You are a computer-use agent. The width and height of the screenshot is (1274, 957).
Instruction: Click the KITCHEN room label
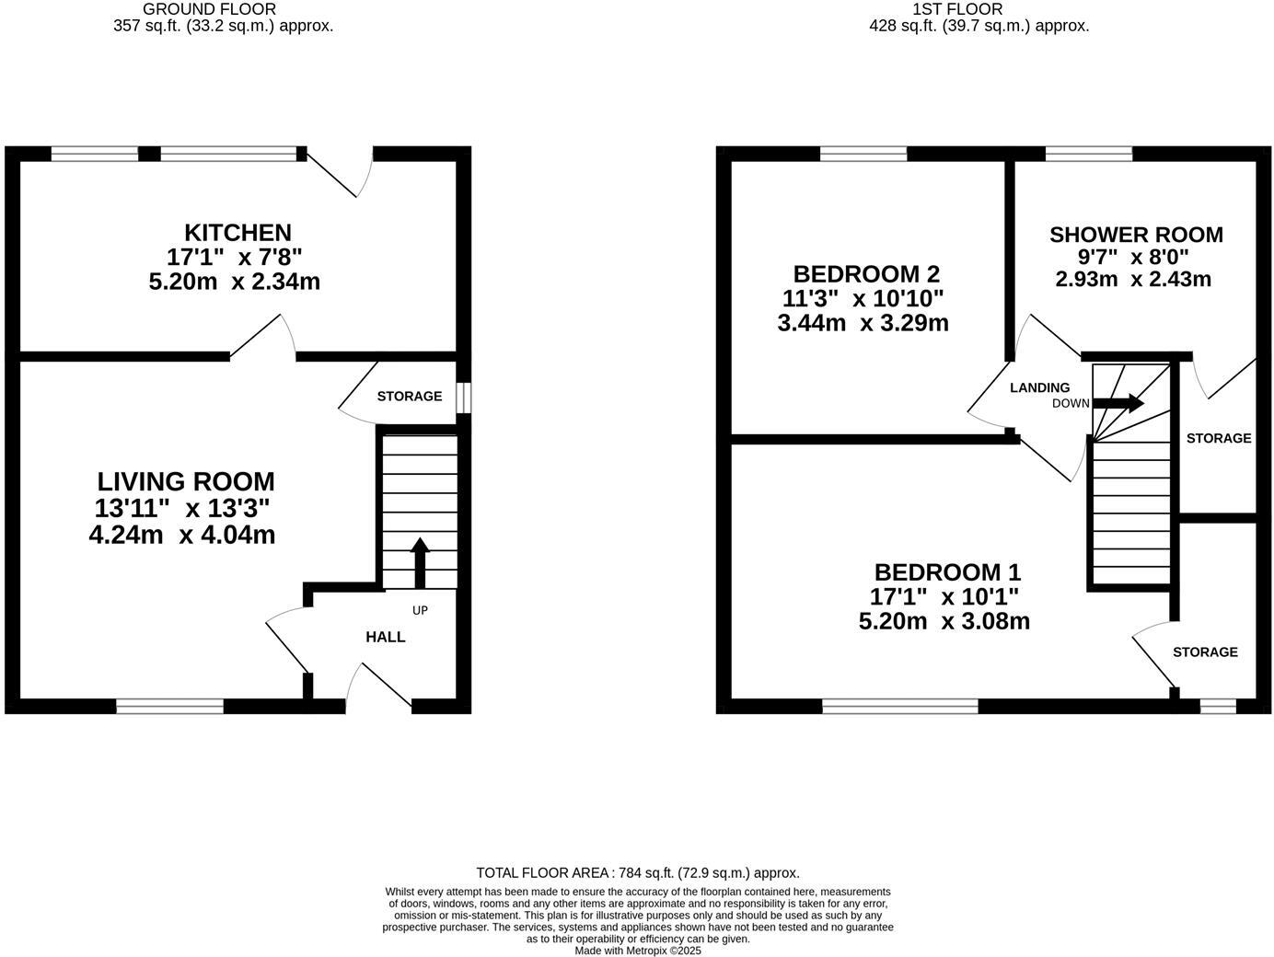point(237,233)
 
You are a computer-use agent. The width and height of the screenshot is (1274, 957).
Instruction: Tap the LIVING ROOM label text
point(186,481)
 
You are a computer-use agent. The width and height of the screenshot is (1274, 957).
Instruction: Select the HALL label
point(385,637)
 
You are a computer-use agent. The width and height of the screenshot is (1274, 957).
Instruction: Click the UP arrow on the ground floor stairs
point(420,562)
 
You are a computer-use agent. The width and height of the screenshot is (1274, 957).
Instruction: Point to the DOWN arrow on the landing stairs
point(1118,403)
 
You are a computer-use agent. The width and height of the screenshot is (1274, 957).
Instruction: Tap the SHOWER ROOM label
point(1136,235)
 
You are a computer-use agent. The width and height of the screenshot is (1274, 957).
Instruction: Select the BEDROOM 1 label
point(947,572)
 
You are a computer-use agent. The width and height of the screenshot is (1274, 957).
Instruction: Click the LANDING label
point(1039,387)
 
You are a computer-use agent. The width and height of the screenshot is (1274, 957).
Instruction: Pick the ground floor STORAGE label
point(409,396)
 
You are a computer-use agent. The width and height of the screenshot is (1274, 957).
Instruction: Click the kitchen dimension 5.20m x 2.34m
point(234,282)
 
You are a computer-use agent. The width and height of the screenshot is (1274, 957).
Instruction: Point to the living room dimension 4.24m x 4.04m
point(182,534)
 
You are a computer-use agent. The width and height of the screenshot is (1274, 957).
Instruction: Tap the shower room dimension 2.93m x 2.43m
point(1132,279)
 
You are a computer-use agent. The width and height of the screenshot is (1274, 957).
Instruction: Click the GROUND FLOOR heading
point(209,9)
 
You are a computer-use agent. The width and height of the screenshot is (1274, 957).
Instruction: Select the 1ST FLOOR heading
point(957,9)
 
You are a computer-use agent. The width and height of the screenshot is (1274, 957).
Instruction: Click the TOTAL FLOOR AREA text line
point(637,872)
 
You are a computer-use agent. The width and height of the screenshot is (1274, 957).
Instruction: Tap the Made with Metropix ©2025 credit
point(637,951)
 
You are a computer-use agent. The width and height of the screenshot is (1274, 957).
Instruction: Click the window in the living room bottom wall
point(169,706)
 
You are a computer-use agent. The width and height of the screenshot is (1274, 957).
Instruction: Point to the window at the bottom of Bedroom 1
point(899,706)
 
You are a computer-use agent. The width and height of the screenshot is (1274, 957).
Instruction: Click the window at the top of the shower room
point(1089,154)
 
